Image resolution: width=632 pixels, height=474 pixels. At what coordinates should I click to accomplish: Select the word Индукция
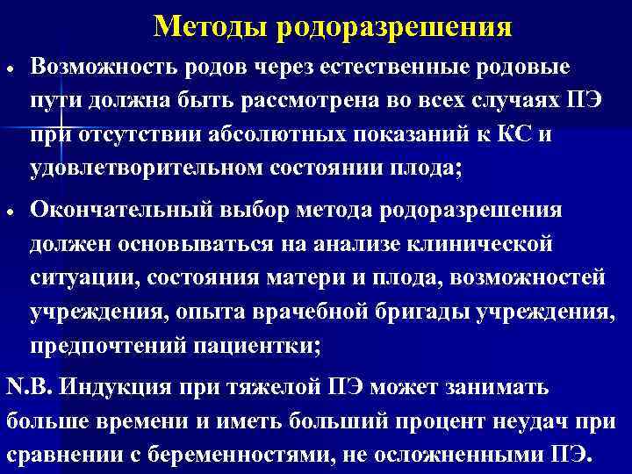click(x=112, y=388)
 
